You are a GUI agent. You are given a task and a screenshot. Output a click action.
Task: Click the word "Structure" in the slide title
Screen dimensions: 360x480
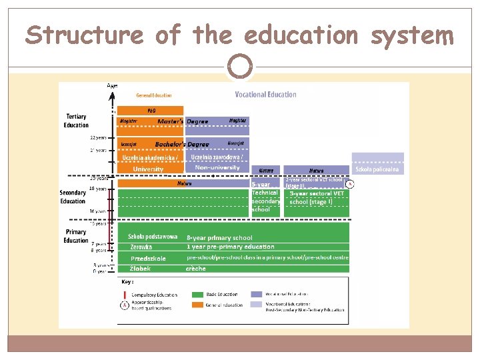pyautogui.click(x=84, y=34)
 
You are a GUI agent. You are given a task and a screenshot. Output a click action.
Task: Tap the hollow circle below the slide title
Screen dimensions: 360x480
pyautogui.click(x=240, y=67)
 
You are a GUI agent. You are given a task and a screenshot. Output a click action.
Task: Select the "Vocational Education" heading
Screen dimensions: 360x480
pyautogui.click(x=265, y=95)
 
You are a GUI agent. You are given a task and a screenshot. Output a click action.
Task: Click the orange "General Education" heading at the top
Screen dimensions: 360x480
pyautogui.click(x=154, y=95)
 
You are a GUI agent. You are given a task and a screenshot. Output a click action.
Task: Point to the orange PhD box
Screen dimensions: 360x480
pyautogui.click(x=150, y=111)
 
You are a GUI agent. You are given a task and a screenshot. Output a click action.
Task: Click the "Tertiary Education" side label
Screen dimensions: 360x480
pyautogui.click(x=76, y=121)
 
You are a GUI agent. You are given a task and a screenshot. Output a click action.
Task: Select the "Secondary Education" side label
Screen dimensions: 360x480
pyautogui.click(x=73, y=197)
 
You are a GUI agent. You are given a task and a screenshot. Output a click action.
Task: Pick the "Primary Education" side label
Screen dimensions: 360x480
pyautogui.click(x=76, y=237)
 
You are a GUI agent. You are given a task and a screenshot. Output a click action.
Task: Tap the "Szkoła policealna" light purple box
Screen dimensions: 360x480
pyautogui.click(x=378, y=169)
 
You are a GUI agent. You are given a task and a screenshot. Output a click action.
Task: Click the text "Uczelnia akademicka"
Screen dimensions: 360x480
pyautogui.click(x=149, y=157)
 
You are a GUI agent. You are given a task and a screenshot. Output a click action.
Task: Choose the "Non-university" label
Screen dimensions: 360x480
pyautogui.click(x=217, y=167)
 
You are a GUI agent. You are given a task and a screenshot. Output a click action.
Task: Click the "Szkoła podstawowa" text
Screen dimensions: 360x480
pyautogui.click(x=153, y=237)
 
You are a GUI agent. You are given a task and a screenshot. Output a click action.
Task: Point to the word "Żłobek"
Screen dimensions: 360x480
pyautogui.click(x=141, y=269)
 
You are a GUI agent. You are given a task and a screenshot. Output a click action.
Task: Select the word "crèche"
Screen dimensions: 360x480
pyautogui.click(x=196, y=269)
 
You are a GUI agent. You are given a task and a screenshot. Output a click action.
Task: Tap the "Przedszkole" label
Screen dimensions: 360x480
pyautogui.click(x=148, y=258)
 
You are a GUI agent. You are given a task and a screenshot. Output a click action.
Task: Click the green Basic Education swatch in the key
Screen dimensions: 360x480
pyautogui.click(x=197, y=294)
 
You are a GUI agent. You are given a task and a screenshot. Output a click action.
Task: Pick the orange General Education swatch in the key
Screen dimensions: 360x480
pyautogui.click(x=197, y=305)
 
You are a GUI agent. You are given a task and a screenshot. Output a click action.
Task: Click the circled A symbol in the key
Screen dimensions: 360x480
pyautogui.click(x=123, y=305)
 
